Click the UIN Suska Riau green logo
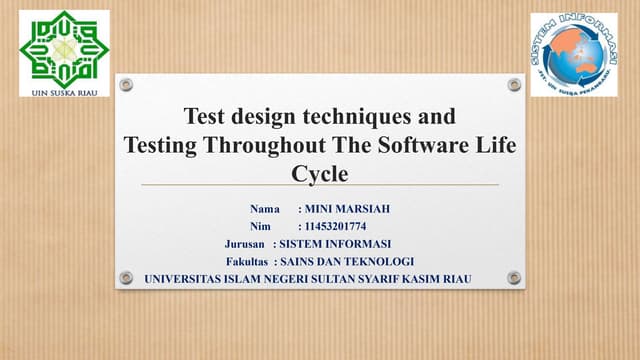pos(64,45)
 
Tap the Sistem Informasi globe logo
pos(573,54)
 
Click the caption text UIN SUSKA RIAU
pos(64,88)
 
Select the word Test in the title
pos(205,116)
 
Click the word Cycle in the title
pos(319,174)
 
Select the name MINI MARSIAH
pos(347,209)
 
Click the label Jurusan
pos(245,244)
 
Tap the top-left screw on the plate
pos(126,85)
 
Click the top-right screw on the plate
pos(514,85)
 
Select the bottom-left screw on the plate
pos(126,277)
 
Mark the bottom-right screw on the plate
pos(514,277)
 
